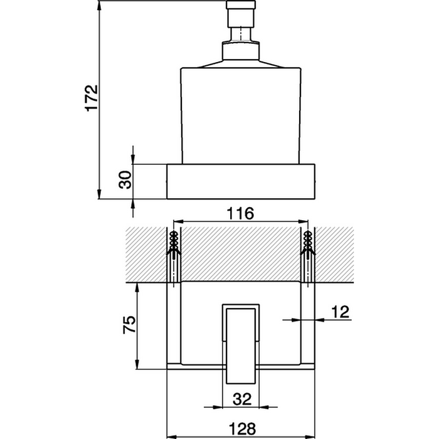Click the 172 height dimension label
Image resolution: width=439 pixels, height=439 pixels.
pyautogui.click(x=92, y=97)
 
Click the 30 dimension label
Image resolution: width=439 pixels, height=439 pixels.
pyautogui.click(x=125, y=180)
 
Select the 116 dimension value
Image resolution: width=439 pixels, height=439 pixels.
pyautogui.click(x=240, y=214)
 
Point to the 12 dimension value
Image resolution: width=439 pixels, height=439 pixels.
pyautogui.click(x=339, y=311)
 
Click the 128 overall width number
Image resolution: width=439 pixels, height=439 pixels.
pyautogui.click(x=241, y=428)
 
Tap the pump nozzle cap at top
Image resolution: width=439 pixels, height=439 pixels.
pyautogui.click(x=241, y=13)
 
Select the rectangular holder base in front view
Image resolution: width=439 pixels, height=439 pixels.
pyautogui.click(x=241, y=181)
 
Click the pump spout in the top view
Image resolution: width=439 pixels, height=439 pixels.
pyautogui.click(x=241, y=345)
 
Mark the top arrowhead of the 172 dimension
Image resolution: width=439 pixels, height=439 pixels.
pyautogui.click(x=99, y=8)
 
